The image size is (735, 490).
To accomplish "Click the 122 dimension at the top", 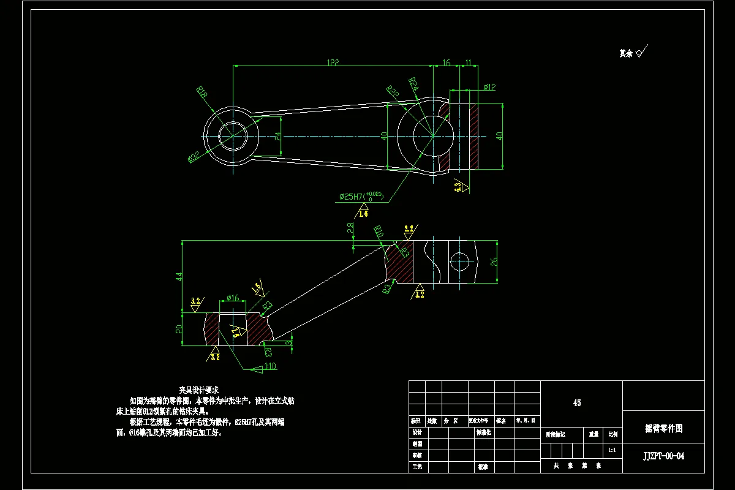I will pos(333,62).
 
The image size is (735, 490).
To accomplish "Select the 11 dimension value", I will pos(468,62).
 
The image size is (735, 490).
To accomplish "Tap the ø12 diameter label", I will pos(489,87).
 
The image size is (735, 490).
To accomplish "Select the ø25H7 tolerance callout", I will pos(361,197).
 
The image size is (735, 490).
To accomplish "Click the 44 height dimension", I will pos(179,277).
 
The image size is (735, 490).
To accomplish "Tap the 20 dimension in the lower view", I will pos(179,329).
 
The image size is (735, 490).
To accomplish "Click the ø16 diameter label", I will pos(233,298).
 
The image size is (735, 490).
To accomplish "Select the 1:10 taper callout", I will pos(271,367).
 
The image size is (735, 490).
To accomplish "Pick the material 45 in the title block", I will pos(577,403).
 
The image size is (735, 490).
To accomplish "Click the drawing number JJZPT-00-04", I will pos(664,456).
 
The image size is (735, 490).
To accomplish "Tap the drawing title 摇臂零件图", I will pos(664,429).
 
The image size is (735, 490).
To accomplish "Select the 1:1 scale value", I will pos(611,450).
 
